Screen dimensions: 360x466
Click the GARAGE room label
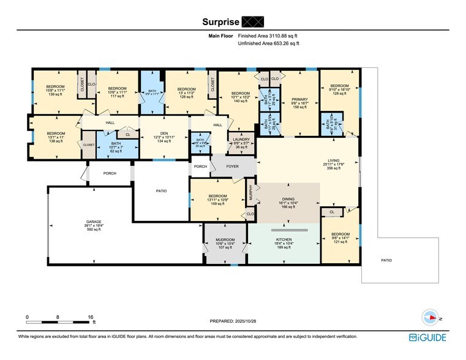pos(93,221)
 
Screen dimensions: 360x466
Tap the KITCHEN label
pos(284,239)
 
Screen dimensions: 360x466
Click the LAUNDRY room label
pos(241,140)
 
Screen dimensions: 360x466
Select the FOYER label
pos(233,165)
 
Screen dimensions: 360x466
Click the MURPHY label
pos(250,193)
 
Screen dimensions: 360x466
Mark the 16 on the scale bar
pos(91,317)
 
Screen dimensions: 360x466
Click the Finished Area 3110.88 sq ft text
pos(271,36)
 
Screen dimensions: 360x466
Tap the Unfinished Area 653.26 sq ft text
pos(271,44)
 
